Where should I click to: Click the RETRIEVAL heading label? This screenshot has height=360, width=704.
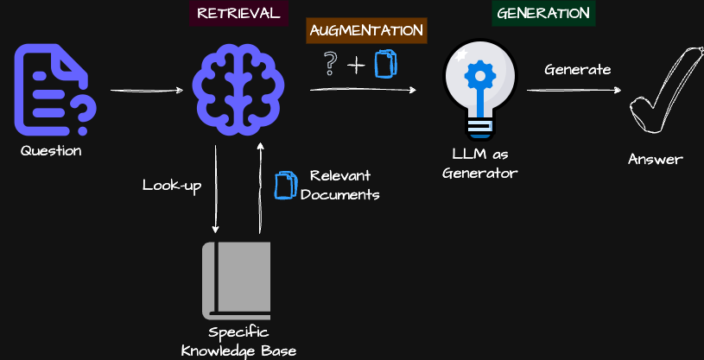(x=239, y=13)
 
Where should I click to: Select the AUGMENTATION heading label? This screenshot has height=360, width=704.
(x=367, y=30)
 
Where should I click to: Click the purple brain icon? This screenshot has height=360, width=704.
(x=238, y=89)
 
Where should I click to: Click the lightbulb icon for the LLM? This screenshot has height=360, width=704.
(x=479, y=89)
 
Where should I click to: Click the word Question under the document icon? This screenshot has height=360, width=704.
(x=52, y=151)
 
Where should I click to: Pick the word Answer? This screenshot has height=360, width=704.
(x=656, y=159)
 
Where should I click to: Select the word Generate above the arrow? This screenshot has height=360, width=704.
(x=578, y=69)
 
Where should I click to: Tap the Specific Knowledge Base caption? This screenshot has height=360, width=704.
(x=238, y=341)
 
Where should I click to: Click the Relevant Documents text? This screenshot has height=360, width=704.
(x=340, y=185)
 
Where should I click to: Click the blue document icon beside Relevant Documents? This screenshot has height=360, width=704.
(x=285, y=185)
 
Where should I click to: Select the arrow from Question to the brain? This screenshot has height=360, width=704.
(x=147, y=90)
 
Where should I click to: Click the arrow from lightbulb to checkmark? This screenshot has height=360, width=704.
(x=574, y=90)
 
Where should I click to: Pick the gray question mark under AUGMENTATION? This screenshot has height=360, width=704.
(x=329, y=64)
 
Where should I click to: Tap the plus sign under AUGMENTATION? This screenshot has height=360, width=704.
(x=356, y=65)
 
